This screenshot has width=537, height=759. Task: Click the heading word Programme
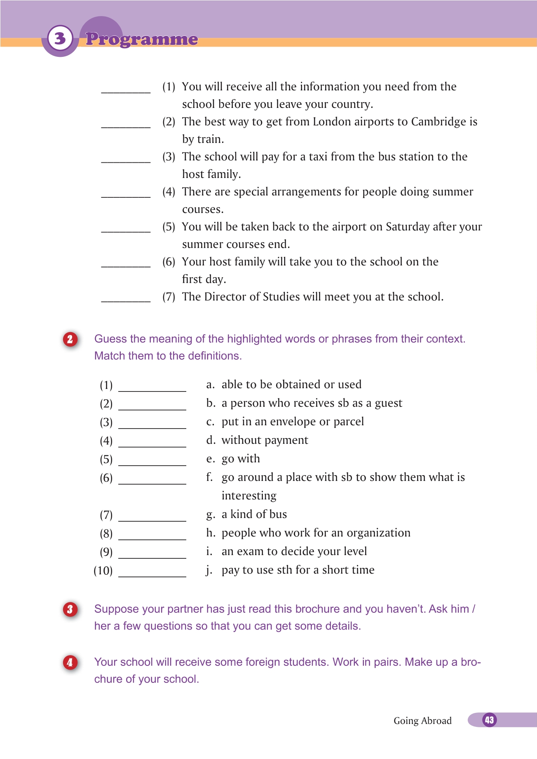tap(141, 39)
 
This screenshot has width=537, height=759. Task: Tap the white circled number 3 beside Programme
tap(60, 38)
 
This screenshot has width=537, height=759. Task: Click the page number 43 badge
tap(489, 720)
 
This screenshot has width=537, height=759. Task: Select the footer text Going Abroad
tap(422, 721)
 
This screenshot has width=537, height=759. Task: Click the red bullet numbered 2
tap(70, 339)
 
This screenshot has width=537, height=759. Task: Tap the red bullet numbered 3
tap(70, 609)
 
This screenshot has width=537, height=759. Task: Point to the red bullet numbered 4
tap(70, 662)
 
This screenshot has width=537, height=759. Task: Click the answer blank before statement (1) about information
tap(126, 89)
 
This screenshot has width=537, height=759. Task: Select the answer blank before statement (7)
tap(126, 299)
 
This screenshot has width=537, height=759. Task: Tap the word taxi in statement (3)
tap(318, 157)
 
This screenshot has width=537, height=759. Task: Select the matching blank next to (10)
tap(152, 573)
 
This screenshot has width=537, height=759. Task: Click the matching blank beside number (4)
tap(152, 443)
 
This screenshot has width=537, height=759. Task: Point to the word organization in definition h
tap(378, 533)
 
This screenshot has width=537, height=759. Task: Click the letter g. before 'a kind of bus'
tap(210, 515)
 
